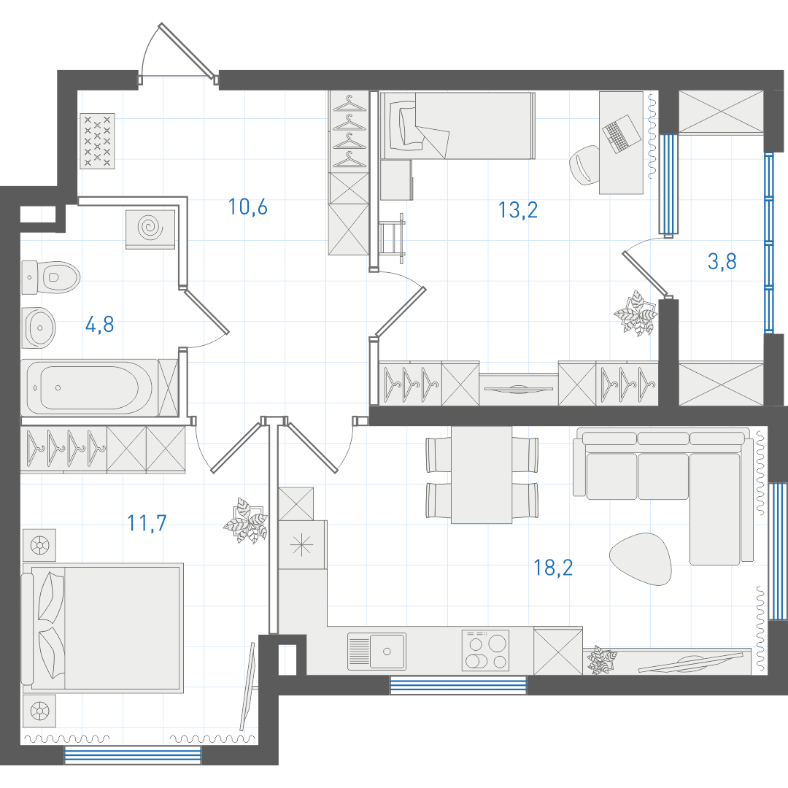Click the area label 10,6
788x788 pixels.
tap(248, 206)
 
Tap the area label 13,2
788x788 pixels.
tap(518, 209)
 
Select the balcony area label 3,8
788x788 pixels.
tap(722, 261)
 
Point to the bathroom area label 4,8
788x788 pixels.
tap(99, 325)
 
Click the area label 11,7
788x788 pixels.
tap(147, 523)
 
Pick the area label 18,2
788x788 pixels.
tap(553, 568)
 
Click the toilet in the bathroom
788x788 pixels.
tap(51, 277)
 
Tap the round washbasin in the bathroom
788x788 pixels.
tap(39, 328)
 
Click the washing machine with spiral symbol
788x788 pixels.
tap(150, 229)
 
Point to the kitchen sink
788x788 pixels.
tap(377, 652)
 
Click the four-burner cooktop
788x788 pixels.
tap(485, 650)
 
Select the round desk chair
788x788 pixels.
tap(584, 165)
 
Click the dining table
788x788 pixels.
tap(482, 475)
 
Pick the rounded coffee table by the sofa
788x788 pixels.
tap(641, 559)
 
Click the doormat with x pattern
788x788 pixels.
tap(98, 142)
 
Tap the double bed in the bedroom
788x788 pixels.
tap(103, 627)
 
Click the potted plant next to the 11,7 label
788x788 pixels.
tap(245, 521)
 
